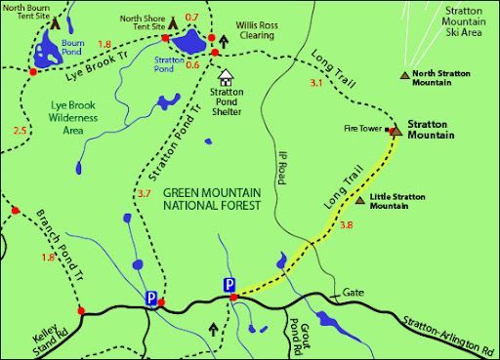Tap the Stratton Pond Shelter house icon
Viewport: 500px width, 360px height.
[x=227, y=76]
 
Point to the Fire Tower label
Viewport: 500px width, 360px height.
[x=362, y=128]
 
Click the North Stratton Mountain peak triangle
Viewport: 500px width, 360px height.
[x=405, y=74]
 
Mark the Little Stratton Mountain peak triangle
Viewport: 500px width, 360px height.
[x=362, y=199]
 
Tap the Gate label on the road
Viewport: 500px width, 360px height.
[x=353, y=291]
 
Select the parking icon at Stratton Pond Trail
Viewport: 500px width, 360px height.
[x=151, y=299]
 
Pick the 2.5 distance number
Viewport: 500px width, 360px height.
[x=20, y=131]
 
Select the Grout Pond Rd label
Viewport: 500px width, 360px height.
[x=298, y=333]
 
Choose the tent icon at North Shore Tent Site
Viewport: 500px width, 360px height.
[x=172, y=22]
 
